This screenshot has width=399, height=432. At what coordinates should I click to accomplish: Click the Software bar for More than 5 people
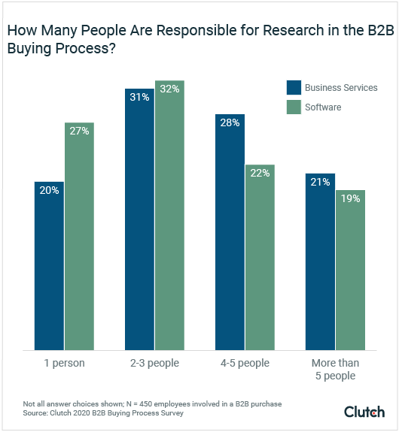pos(350,270)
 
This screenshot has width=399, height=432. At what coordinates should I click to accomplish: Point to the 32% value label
pos(169,88)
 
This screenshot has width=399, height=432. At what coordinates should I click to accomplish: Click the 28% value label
pos(230,123)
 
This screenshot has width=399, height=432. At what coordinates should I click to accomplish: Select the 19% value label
pos(350,199)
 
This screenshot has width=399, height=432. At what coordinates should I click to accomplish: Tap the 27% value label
pos(79,131)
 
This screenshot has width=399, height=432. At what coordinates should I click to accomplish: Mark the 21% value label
pos(320,183)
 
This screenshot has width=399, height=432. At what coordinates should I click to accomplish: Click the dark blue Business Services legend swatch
pos(293,87)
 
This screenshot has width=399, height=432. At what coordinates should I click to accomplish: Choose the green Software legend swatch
pos(293,107)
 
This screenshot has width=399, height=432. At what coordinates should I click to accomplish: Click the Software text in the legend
pos(323,107)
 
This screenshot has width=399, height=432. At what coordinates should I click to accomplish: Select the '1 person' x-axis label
pos(65,364)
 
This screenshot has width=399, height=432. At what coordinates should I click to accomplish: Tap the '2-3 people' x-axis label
pos(154,364)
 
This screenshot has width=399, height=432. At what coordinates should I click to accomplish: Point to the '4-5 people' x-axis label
pos(245,364)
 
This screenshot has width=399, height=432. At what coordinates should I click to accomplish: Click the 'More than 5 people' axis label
pos(335,370)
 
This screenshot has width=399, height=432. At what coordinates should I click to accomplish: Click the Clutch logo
pos(364,412)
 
